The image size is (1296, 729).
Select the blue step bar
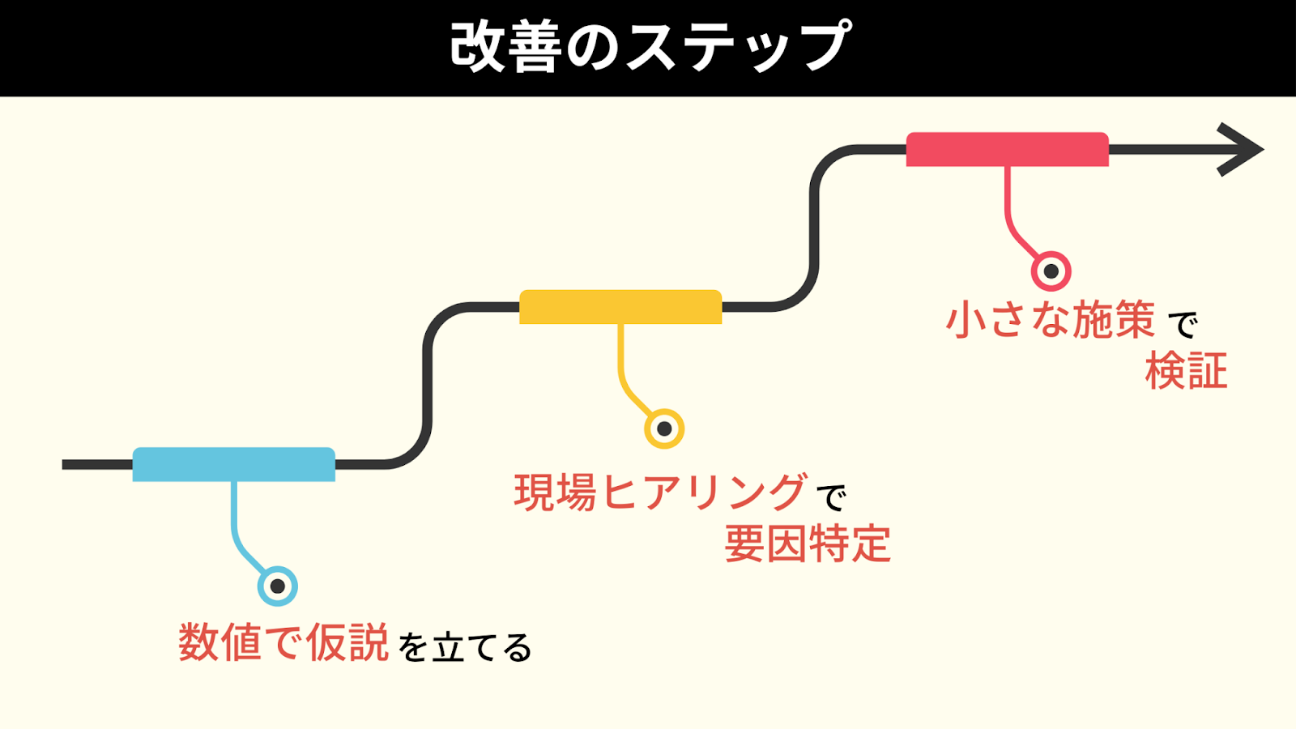233,464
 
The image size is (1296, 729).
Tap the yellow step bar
620,307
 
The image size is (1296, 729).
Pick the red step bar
1007,150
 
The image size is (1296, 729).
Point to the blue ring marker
277,586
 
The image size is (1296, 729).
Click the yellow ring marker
664,428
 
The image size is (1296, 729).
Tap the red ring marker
1051,271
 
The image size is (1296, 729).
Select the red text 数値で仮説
283,643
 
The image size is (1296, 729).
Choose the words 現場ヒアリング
660,492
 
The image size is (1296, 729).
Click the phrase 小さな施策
1051,320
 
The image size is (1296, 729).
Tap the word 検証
1186,372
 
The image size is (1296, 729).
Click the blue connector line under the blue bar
234,518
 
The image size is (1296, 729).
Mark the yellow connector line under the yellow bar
620,361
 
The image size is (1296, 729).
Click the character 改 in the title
477,47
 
